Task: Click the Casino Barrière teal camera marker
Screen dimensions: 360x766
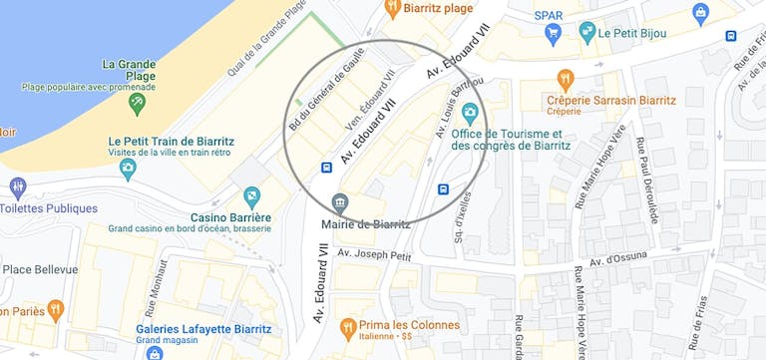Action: (252, 194)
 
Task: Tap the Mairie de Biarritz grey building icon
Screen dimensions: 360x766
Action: (340, 203)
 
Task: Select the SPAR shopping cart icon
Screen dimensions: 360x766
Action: (552, 34)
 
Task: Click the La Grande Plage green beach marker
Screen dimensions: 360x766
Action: (137, 102)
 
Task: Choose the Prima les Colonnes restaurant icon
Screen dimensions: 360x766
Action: (348, 325)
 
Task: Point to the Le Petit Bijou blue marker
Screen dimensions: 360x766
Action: (582, 32)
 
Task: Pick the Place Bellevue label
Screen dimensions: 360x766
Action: (40, 269)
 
